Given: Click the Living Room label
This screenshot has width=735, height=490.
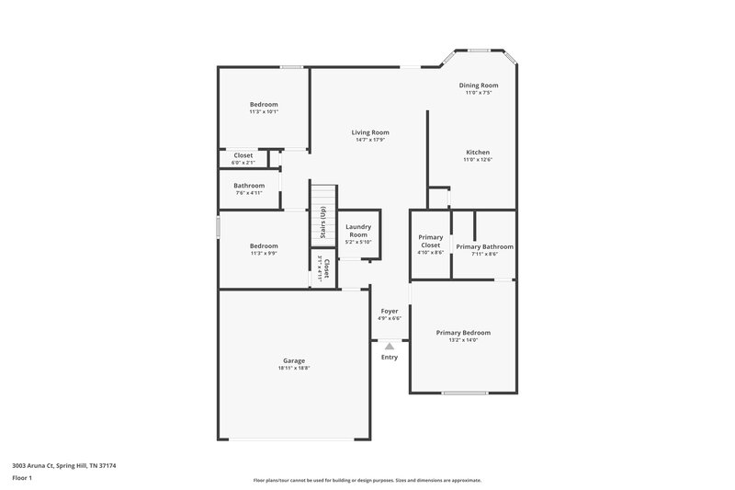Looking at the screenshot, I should (x=370, y=132).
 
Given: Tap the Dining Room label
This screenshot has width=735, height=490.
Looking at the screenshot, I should (x=479, y=85).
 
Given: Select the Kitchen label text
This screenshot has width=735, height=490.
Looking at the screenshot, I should (x=478, y=153).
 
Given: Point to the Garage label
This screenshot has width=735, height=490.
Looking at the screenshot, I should (x=294, y=360).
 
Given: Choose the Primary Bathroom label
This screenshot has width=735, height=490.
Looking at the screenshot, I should (x=484, y=246).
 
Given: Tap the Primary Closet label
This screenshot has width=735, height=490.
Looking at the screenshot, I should (x=430, y=242).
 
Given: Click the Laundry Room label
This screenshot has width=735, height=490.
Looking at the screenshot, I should (x=357, y=231).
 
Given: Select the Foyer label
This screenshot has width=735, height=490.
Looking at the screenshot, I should (x=390, y=312).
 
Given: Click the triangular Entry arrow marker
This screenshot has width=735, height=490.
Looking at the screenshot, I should (x=390, y=346).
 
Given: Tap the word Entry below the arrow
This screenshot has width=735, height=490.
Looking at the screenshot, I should (x=390, y=357).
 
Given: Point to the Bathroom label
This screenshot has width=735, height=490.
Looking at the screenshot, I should (x=249, y=186).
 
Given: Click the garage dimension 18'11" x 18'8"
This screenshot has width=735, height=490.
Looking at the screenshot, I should (x=294, y=368).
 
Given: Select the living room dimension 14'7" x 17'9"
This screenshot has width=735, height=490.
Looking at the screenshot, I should (x=370, y=140).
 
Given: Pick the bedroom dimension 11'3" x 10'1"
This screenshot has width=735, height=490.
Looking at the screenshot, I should (x=264, y=112).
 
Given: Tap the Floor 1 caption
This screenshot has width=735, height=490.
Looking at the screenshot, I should (x=21, y=478).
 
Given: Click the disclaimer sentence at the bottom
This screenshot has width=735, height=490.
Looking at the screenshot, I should (x=367, y=480).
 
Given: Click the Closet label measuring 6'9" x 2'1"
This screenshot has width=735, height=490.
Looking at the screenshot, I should (x=243, y=155).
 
